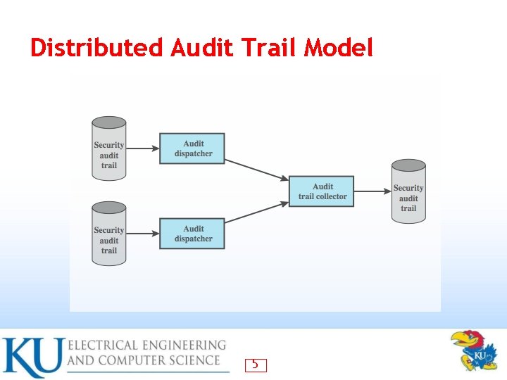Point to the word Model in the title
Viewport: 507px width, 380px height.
point(339,48)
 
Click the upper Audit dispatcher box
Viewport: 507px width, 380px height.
point(192,148)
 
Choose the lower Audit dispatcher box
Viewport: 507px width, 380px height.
point(192,234)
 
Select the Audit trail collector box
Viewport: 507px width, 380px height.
point(322,191)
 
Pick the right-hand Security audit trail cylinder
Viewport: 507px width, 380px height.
point(408,191)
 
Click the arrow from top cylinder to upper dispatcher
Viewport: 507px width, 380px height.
point(143,148)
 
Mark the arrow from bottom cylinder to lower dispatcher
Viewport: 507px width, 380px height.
point(143,234)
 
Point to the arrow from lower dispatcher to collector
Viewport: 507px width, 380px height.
point(257,213)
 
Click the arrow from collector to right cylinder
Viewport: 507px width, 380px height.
point(373,191)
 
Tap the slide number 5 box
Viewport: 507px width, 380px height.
point(256,365)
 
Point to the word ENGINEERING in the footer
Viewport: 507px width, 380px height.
point(180,346)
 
